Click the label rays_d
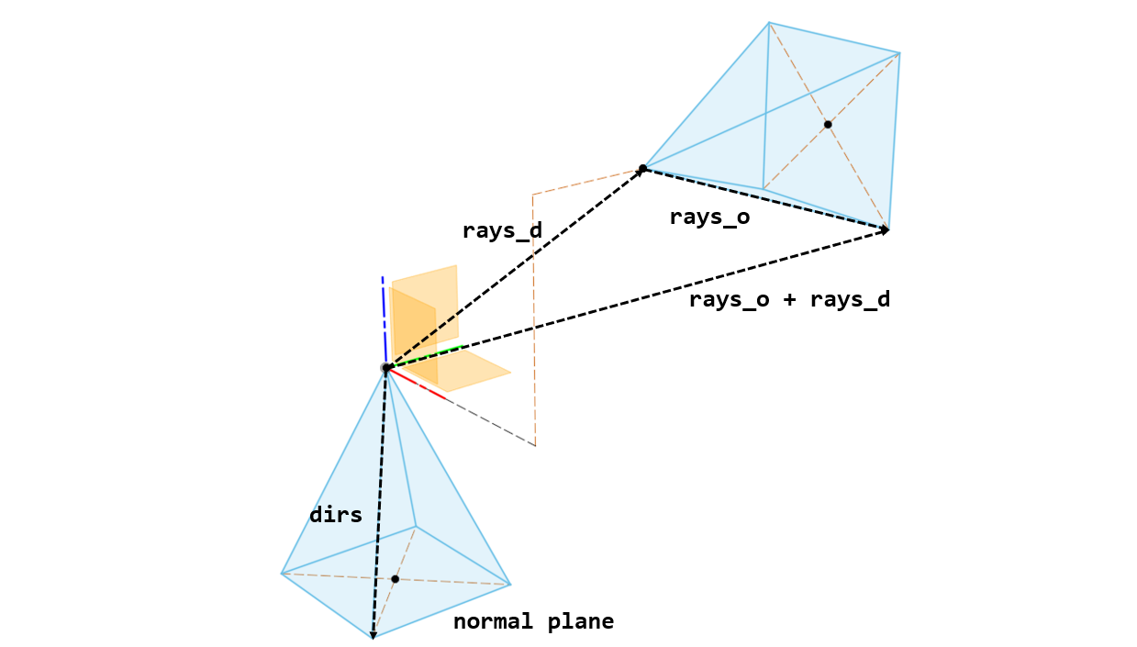coord(502,231)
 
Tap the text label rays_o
coord(709,218)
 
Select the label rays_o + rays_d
coord(789,300)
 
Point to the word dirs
coord(336,516)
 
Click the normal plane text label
coord(533,622)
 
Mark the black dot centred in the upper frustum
coord(828,124)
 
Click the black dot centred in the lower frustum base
coord(395,579)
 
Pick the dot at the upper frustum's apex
coord(642,168)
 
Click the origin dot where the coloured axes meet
coord(386,368)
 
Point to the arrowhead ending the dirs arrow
coord(373,633)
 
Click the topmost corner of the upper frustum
coord(769,22)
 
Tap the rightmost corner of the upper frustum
coord(899,53)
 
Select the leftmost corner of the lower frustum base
coord(282,574)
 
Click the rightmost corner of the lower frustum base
coord(509,585)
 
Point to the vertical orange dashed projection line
coord(534,321)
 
